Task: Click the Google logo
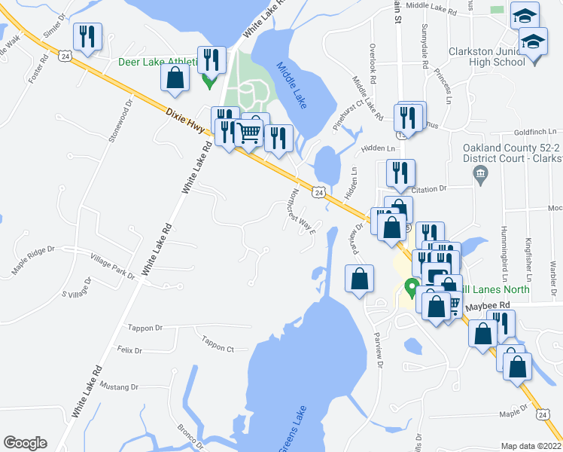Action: click(25, 443)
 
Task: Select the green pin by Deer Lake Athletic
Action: click(208, 79)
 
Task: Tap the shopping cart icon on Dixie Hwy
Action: click(249, 135)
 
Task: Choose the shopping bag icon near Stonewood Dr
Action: click(175, 79)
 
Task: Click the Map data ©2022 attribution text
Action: click(531, 446)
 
